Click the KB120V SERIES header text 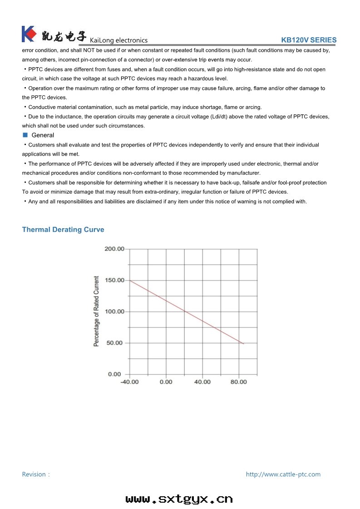pyautogui.click(x=309, y=40)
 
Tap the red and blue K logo pyautogui.click(x=29, y=34)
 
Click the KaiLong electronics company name pyautogui.click(x=119, y=40)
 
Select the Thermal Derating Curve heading pyautogui.click(x=63, y=230)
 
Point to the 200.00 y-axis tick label pyautogui.click(x=114, y=249)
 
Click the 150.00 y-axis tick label pyautogui.click(x=114, y=280)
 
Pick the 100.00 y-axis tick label pyautogui.click(x=114, y=312)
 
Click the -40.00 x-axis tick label pyautogui.click(x=129, y=382)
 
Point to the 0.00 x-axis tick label pyautogui.click(x=166, y=382)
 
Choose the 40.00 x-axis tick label pyautogui.click(x=202, y=382)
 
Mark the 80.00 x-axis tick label pyautogui.click(x=239, y=382)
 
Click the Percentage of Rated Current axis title pyautogui.click(x=96, y=311)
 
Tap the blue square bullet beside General pyautogui.click(x=25, y=135)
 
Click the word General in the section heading pyautogui.click(x=43, y=135)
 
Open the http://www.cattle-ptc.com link pyautogui.click(x=283, y=475)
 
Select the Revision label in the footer pyautogui.click(x=35, y=475)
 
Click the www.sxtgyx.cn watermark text pyautogui.click(x=179, y=499)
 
